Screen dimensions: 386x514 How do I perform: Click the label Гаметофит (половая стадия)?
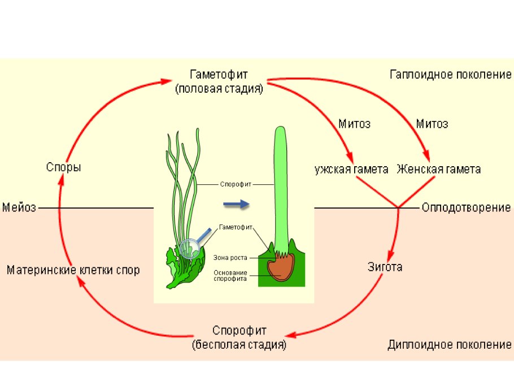[x=219, y=81]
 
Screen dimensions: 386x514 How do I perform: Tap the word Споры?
[x=63, y=167]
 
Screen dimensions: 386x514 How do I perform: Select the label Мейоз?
[x=19, y=207]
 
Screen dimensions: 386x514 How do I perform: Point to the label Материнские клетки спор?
[x=73, y=270]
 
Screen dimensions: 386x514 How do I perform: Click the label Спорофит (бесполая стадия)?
[x=239, y=337]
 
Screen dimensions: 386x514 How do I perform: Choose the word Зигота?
[x=385, y=267]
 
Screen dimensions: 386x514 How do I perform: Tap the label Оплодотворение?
[x=466, y=207]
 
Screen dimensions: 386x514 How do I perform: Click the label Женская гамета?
[x=438, y=169]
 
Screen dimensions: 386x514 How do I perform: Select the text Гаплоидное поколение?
[x=450, y=75]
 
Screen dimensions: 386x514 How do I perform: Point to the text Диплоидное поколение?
[x=450, y=345]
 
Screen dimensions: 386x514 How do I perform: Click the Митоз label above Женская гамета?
[x=432, y=123]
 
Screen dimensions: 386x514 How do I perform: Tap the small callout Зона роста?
[x=230, y=258]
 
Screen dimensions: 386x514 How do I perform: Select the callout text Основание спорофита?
[x=230, y=275]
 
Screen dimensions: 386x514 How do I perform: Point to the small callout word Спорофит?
[x=236, y=183]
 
